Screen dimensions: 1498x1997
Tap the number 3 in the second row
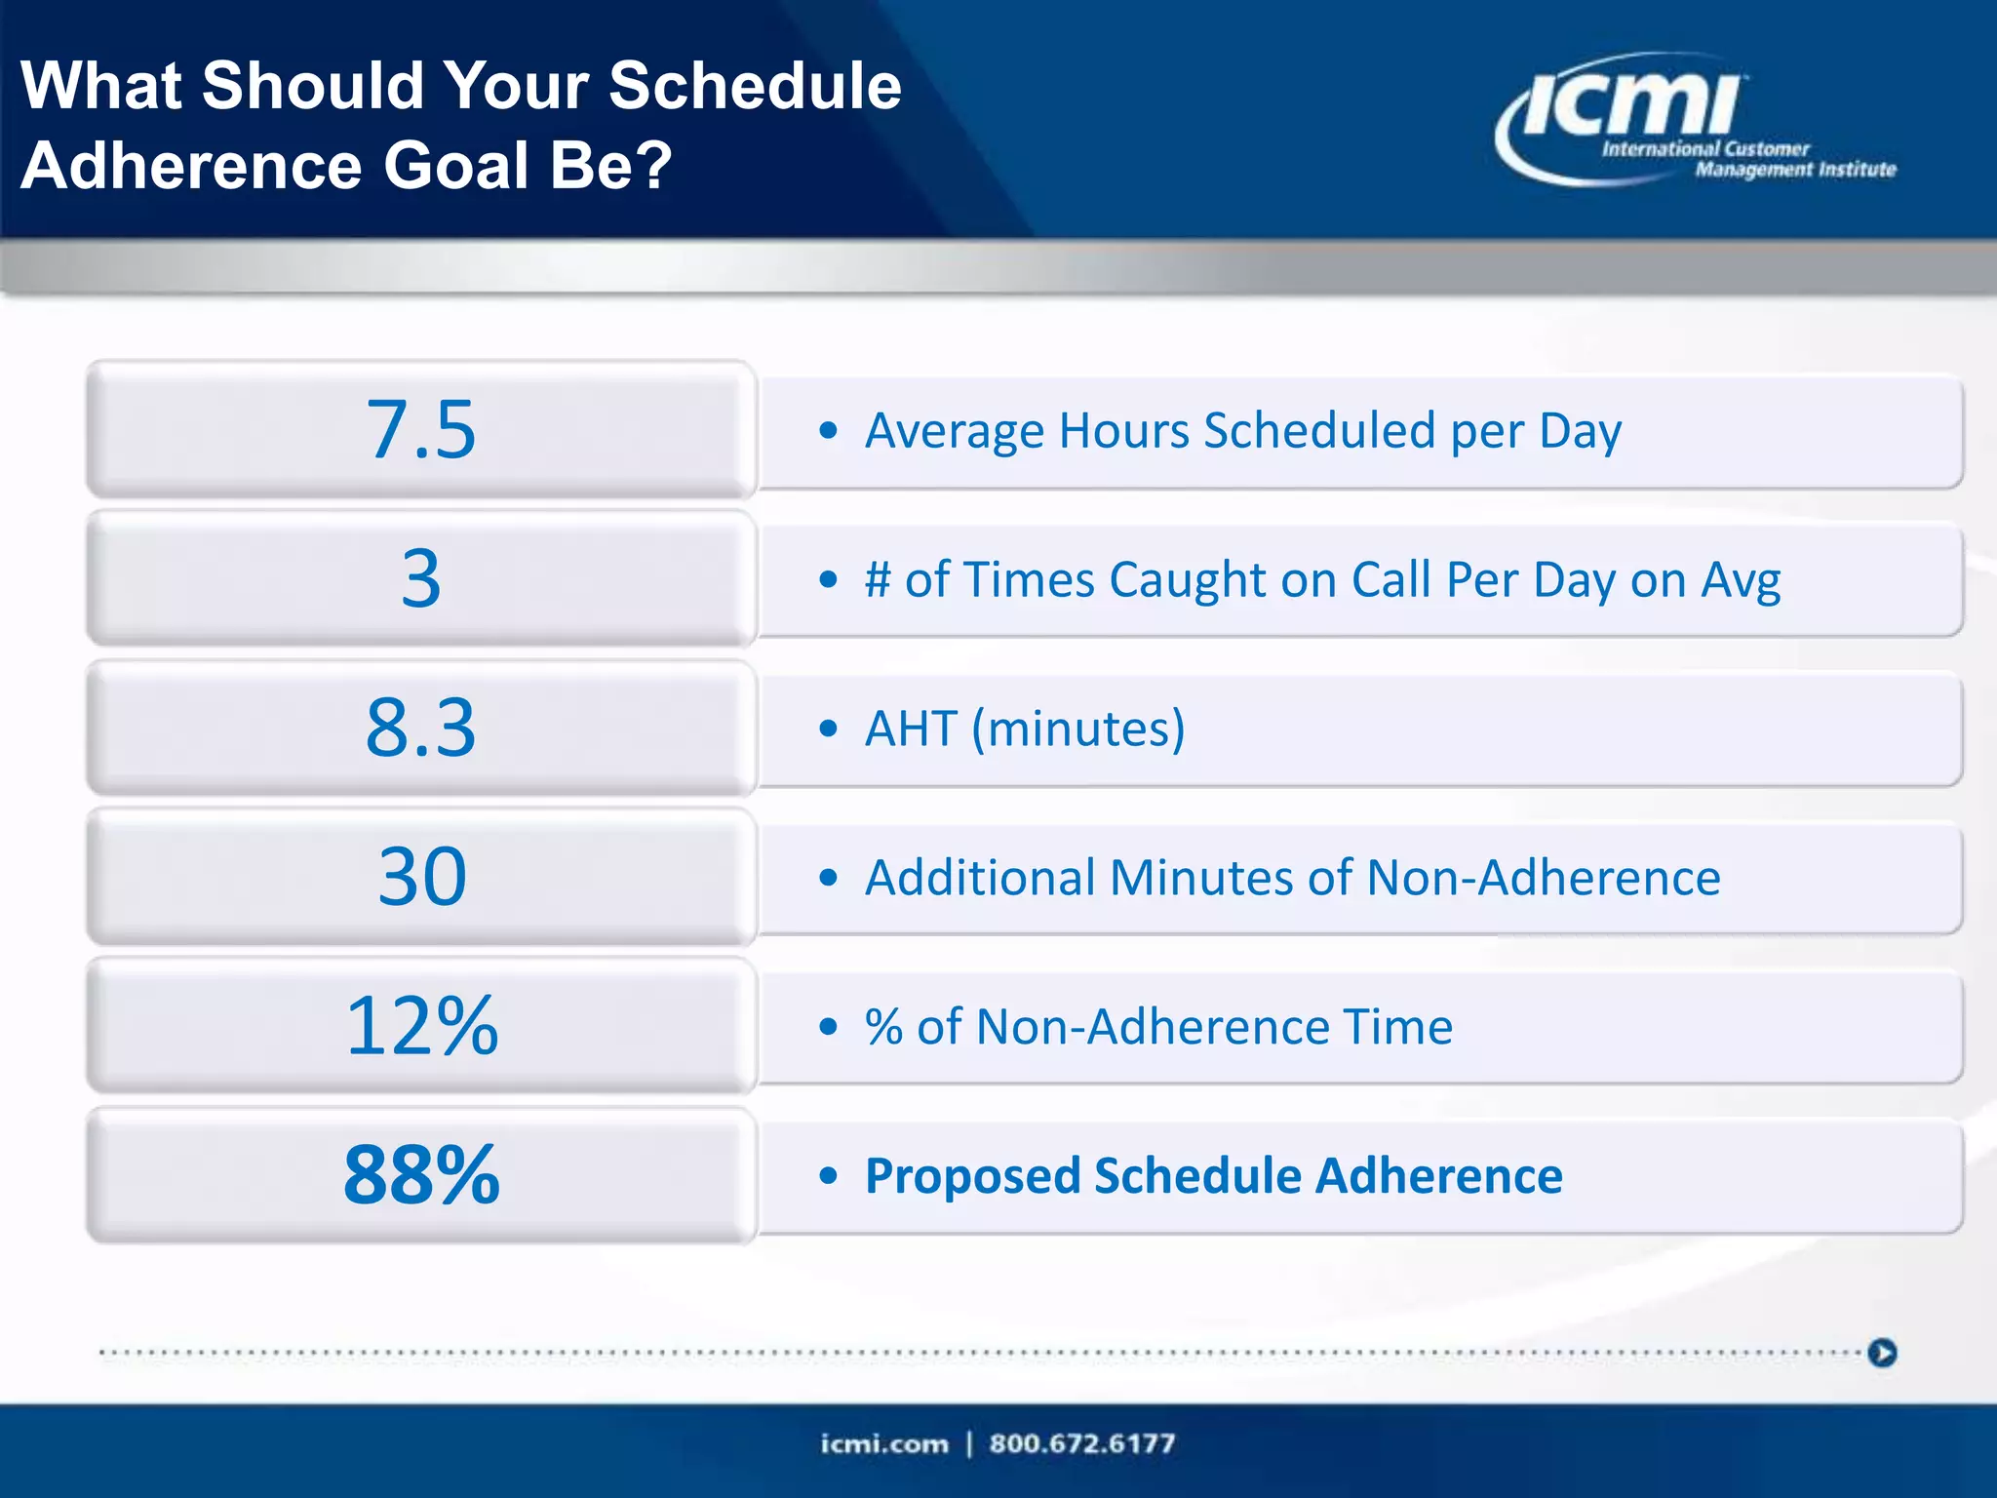click(x=421, y=578)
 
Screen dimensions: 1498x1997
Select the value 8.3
click(x=421, y=728)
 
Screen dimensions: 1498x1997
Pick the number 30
click(x=421, y=877)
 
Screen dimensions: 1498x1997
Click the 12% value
click(x=421, y=1026)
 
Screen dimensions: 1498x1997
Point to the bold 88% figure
click(x=421, y=1175)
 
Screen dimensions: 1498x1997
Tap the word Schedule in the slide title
click(x=755, y=86)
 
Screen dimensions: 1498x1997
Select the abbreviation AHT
click(x=911, y=729)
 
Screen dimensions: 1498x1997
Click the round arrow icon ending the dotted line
click(x=1882, y=1353)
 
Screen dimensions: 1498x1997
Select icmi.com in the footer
click(x=883, y=1443)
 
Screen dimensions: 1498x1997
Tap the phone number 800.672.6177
click(x=1081, y=1443)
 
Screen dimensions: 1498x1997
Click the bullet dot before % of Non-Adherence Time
click(x=829, y=1027)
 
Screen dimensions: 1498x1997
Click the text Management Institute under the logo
click(x=1795, y=170)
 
